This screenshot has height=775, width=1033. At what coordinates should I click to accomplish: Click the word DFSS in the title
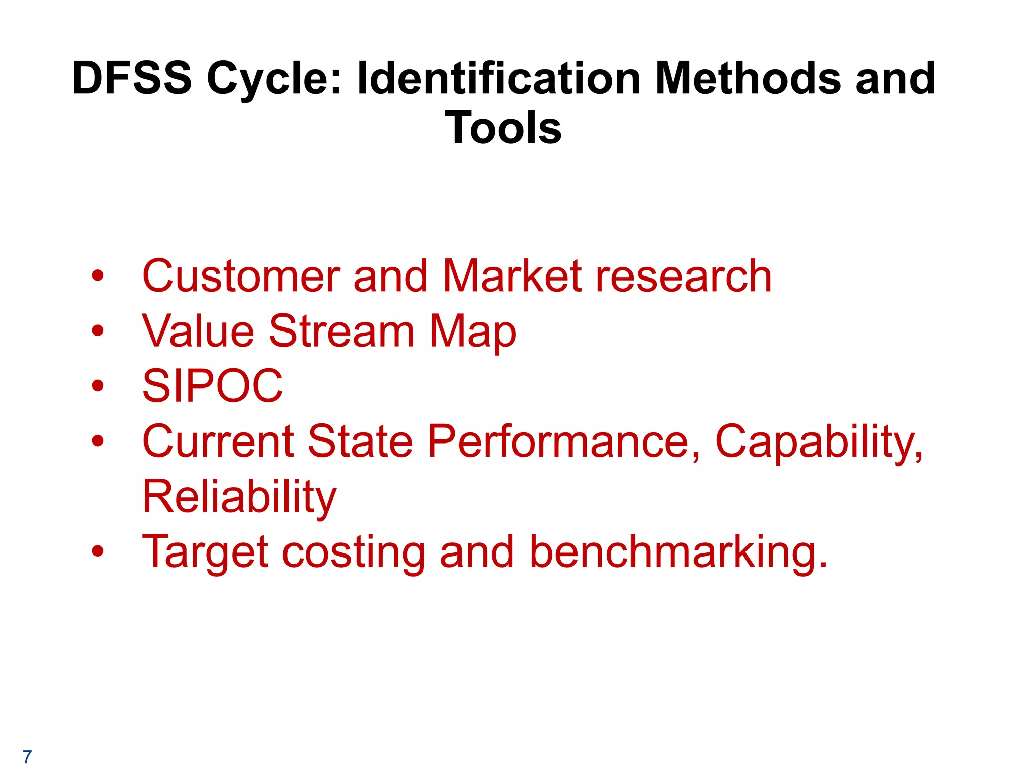[132, 78]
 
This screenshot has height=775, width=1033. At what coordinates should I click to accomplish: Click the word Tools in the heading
[503, 128]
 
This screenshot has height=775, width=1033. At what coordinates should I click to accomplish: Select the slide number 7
[27, 757]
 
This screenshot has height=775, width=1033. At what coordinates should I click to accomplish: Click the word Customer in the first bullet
[241, 276]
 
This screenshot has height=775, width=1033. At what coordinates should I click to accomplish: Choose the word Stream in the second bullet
[341, 331]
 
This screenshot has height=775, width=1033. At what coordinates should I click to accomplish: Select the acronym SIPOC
[213, 386]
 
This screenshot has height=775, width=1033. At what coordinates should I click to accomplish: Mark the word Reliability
[240, 497]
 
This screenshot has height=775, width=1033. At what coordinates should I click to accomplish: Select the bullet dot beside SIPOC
[98, 386]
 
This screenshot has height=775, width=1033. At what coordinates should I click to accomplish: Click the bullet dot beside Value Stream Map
[98, 331]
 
